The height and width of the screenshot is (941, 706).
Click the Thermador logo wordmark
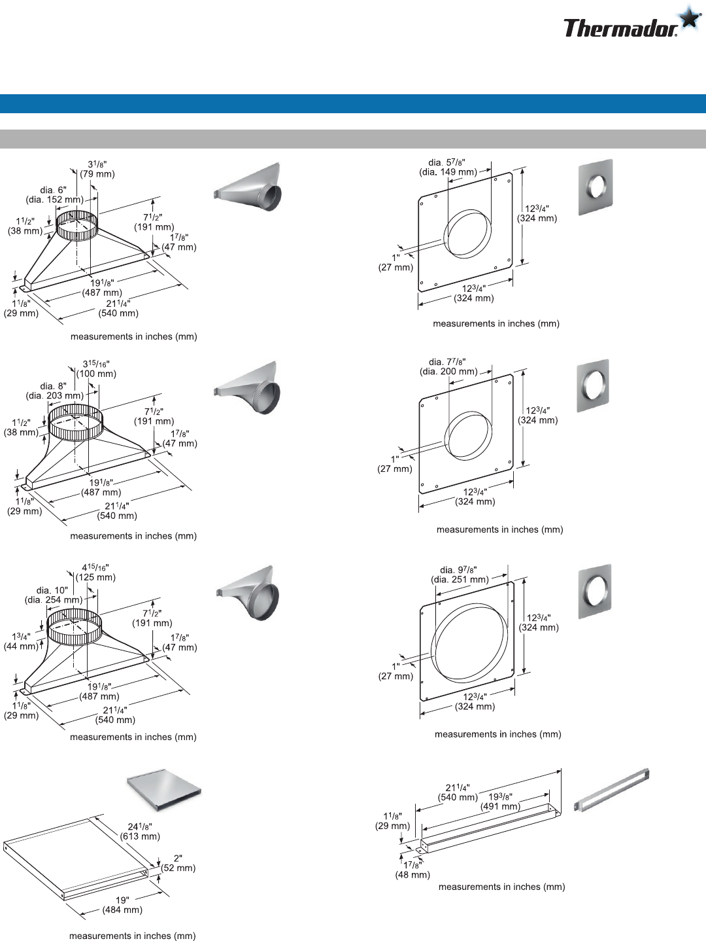[620, 28]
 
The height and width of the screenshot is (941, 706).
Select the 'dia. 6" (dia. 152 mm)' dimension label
[54, 194]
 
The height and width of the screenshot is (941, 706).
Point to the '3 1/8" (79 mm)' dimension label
[97, 169]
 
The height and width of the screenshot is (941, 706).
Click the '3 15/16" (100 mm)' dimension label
[96, 368]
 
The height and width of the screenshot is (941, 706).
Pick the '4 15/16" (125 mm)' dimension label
[95, 573]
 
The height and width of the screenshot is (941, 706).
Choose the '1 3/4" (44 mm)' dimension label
[21, 641]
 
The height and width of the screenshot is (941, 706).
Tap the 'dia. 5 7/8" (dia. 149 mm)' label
[448, 167]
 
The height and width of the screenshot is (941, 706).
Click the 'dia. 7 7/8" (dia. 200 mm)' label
[448, 366]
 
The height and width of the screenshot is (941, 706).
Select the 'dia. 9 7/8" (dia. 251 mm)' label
[460, 575]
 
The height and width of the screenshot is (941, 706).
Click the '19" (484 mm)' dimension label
[122, 904]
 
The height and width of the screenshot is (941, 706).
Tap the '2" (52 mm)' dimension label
[178, 863]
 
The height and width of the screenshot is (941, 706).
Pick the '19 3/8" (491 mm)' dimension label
[500, 801]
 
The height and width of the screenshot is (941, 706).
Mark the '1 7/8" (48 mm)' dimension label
[412, 870]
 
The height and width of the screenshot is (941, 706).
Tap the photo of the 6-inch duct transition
[248, 186]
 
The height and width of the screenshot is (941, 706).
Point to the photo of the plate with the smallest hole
[596, 187]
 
